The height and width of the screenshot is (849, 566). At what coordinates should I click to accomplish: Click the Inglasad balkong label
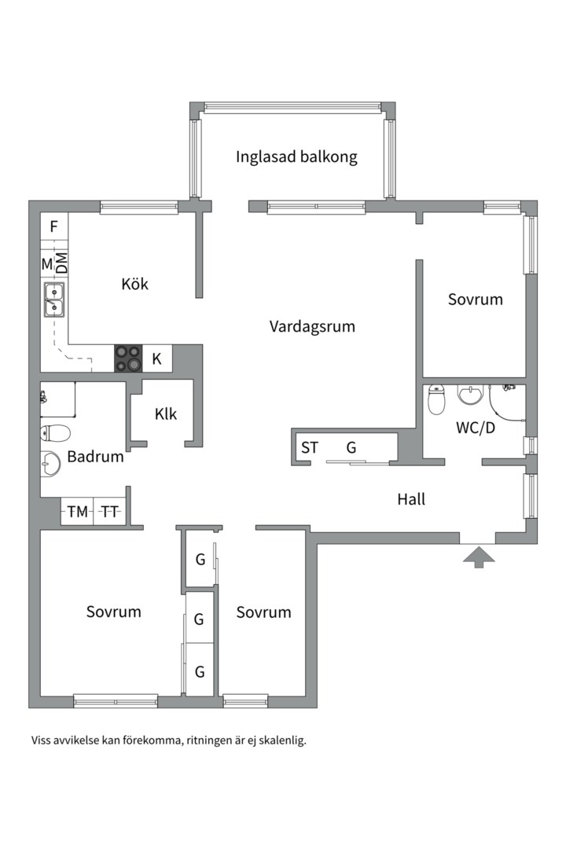296,156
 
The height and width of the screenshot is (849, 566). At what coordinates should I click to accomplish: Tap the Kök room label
134,284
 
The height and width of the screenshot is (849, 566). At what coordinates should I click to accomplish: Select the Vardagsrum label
312,326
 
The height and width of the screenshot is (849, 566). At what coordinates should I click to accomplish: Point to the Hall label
411,499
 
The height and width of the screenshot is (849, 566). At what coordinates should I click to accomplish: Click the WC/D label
476,428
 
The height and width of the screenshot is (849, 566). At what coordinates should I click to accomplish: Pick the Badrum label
95,457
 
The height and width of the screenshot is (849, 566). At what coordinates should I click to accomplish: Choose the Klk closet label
166,413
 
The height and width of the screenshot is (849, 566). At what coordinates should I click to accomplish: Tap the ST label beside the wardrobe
310,448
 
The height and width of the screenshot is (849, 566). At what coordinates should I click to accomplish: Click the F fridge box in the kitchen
53,226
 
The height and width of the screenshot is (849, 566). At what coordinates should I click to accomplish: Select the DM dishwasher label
61,262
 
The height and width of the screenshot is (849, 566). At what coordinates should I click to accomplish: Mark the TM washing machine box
77,512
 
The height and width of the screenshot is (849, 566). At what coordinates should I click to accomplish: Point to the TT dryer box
109,512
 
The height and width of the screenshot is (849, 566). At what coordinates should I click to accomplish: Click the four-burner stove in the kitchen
129,359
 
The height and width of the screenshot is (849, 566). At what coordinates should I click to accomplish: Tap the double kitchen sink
53,300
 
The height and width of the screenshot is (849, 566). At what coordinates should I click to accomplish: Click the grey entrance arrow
479,557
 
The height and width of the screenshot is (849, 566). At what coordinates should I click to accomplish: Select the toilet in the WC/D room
436,400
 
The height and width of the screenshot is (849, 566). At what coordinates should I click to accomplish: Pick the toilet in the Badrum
56,432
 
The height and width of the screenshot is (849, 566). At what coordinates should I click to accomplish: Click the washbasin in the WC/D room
471,393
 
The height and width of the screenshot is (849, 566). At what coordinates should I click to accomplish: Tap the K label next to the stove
157,359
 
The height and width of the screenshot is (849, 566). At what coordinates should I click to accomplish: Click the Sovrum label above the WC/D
475,300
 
